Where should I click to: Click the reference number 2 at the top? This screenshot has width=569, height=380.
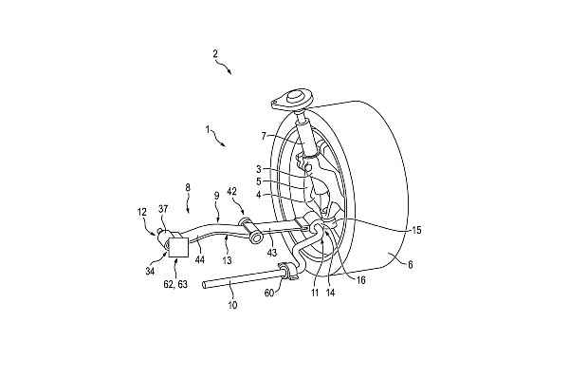[x=215, y=54]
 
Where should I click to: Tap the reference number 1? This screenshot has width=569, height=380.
[x=208, y=129]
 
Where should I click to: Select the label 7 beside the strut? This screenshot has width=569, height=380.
[x=264, y=137]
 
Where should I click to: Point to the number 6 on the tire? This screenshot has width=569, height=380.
[x=410, y=265]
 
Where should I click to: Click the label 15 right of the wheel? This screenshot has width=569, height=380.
[x=416, y=230]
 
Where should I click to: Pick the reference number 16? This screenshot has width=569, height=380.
[x=361, y=280]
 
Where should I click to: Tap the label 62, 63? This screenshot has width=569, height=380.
[x=175, y=284]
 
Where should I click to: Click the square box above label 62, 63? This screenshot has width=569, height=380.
[x=178, y=247]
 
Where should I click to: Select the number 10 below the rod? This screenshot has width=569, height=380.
[x=232, y=305]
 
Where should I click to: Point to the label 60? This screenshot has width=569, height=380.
[x=269, y=293]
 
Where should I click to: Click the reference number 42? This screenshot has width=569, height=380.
[x=232, y=191]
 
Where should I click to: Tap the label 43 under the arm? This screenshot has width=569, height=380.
[x=272, y=253]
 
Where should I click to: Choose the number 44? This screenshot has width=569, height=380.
[x=199, y=259]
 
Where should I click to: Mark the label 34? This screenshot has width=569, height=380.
[x=150, y=271]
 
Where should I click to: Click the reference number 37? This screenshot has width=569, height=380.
[x=163, y=209]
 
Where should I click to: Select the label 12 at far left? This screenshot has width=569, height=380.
[x=142, y=211]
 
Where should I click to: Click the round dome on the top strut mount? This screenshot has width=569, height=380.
[x=294, y=98]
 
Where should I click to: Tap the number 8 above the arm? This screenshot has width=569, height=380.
[x=188, y=188]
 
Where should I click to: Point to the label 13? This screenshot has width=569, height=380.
[x=227, y=260]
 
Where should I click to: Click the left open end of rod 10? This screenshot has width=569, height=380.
[x=204, y=285]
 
